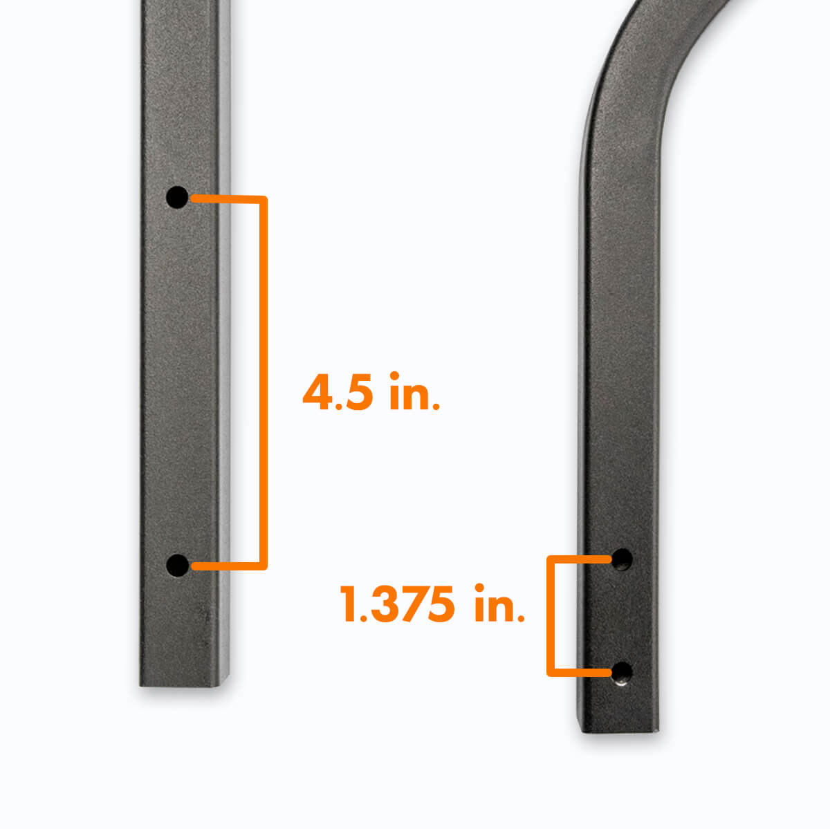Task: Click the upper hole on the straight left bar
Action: [177, 197]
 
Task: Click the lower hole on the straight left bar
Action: [178, 566]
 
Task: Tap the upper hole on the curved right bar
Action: [622, 559]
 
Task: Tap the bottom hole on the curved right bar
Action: [622, 671]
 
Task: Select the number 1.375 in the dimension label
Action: [398, 604]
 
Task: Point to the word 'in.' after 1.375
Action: [499, 604]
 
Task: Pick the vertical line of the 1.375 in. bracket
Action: [551, 615]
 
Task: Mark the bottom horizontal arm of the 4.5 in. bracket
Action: [228, 566]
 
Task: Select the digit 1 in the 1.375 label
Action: [348, 604]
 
